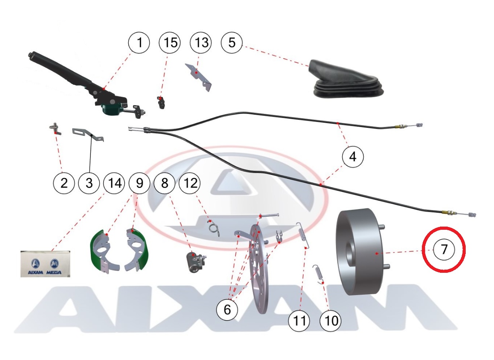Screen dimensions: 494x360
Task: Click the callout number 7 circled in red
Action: click(444, 250)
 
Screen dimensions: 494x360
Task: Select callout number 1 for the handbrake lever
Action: click(139, 43)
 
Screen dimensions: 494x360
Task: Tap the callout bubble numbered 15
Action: click(170, 43)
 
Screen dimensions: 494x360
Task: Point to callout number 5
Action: click(231, 43)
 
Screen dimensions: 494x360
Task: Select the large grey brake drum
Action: click(362, 252)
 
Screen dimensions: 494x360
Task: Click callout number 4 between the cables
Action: click(353, 157)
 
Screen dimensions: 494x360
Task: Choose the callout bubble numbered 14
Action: click(114, 183)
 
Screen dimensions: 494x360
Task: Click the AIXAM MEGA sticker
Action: click(45, 264)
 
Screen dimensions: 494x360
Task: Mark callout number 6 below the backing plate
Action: click(227, 309)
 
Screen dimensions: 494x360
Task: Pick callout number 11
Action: click(299, 321)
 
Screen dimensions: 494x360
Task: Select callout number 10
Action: click(330, 321)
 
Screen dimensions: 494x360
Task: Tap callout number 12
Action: click(190, 183)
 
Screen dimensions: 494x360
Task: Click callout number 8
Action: click(165, 183)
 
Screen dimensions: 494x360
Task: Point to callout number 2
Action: click(64, 183)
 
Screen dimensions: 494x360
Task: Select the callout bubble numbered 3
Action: click(89, 183)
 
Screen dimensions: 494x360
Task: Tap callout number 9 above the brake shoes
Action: click(139, 183)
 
